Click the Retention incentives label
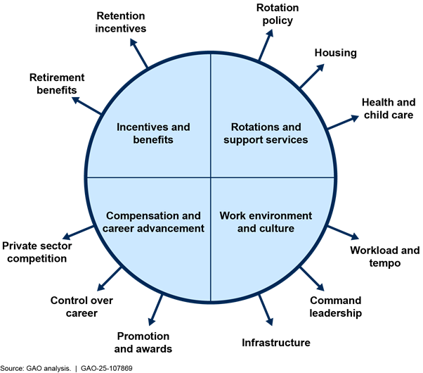tap(121, 23)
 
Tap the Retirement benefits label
tap(58, 84)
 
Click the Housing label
tap(336, 53)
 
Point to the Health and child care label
tap(387, 108)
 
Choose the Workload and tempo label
tap(384, 256)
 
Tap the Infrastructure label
tap(275, 343)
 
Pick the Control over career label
tap(82, 307)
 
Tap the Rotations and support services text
tap(266, 133)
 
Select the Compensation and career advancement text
tap(153, 222)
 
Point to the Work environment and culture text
tap(266, 222)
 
